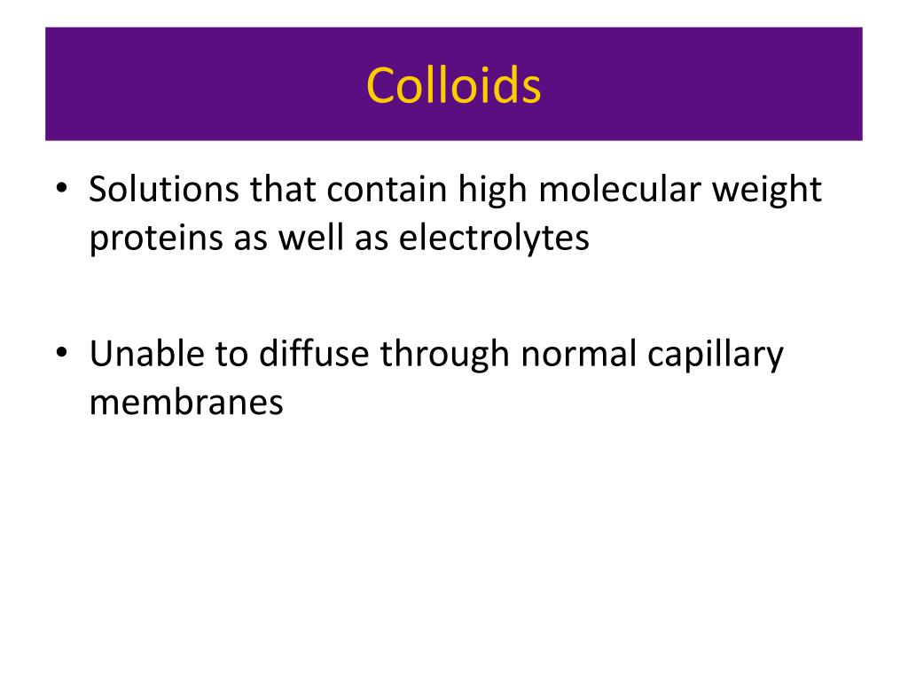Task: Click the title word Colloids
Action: point(453,86)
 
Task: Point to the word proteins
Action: point(145,239)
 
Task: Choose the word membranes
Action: point(186,402)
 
